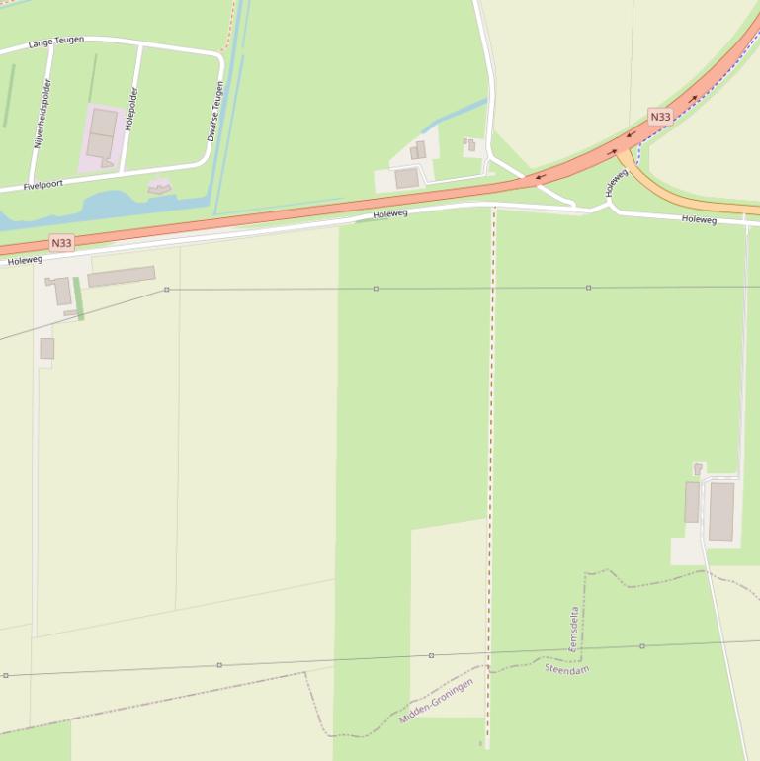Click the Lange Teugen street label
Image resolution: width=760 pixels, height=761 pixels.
click(56, 42)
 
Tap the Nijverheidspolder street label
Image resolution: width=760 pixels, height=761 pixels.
click(42, 114)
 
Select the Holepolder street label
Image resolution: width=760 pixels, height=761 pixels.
click(132, 109)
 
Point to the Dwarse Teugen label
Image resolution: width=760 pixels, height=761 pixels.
click(214, 111)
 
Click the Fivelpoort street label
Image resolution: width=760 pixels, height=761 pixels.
click(43, 185)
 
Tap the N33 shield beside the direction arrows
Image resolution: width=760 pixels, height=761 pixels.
click(660, 117)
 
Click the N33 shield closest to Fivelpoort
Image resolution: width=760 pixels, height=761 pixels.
click(61, 242)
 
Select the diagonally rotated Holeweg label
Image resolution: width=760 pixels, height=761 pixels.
click(617, 181)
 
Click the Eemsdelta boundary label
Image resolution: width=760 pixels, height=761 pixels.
click(574, 629)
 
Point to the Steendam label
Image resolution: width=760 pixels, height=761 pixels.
click(567, 669)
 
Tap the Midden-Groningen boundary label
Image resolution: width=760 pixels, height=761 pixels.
click(436, 701)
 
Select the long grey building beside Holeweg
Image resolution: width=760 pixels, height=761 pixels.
click(121, 277)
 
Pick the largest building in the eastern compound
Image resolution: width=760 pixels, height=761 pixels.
click(721, 511)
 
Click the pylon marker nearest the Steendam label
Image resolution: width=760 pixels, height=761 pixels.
click(642, 646)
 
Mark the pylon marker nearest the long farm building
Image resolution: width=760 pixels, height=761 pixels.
click(167, 290)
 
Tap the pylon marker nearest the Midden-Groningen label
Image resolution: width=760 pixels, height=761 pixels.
click(431, 655)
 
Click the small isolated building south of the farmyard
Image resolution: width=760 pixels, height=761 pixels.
click(46, 348)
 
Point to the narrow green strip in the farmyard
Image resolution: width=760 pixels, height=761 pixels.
click(78, 298)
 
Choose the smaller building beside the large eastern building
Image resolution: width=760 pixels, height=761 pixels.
click(692, 502)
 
